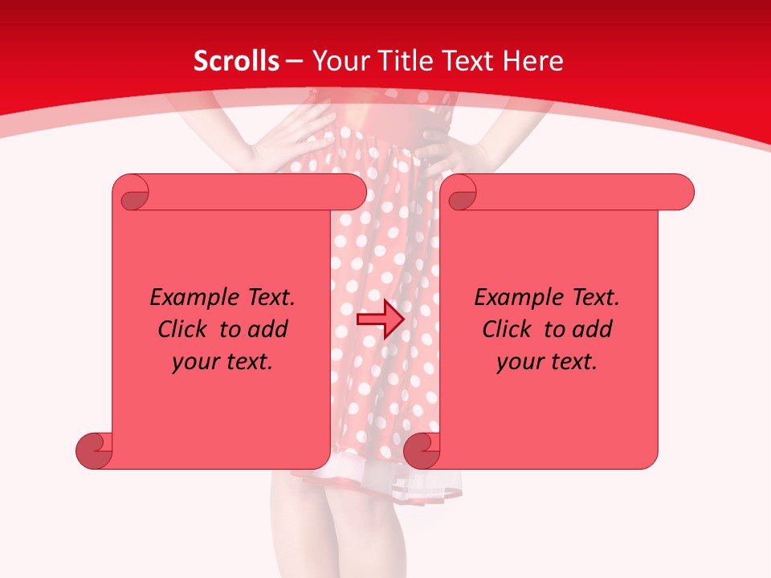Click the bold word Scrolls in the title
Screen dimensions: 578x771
coord(237,61)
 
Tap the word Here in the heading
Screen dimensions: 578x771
coord(533,61)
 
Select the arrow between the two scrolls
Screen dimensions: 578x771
coord(380,320)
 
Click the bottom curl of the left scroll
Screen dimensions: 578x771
coord(95,450)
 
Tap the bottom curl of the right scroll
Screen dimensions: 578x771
coord(422,450)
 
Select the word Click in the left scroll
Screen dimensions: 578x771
coord(185,329)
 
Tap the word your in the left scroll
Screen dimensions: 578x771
coord(194,362)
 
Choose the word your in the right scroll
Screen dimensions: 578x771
coord(518,362)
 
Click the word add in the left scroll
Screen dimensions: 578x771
coord(267,329)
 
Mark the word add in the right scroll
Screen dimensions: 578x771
coord(591,329)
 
